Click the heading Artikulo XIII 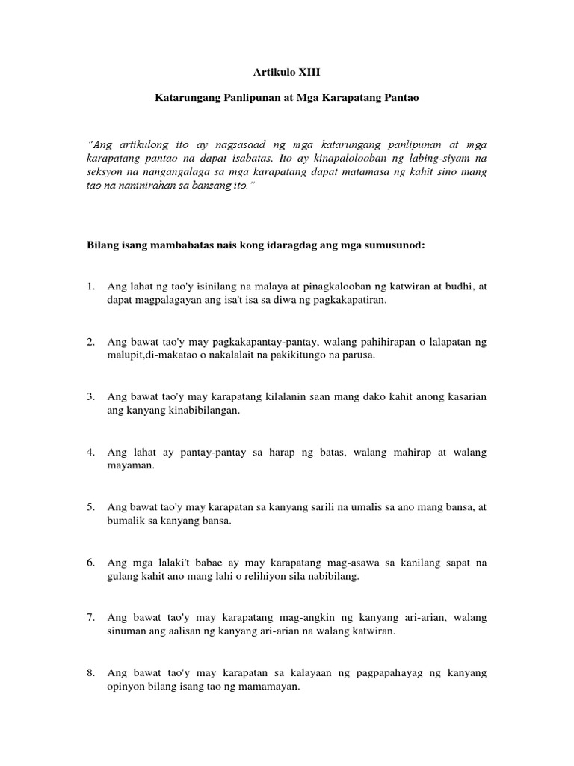click(x=287, y=74)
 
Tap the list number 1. click(x=90, y=287)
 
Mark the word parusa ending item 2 click(x=357, y=355)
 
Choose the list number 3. click(x=90, y=397)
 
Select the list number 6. click(x=90, y=563)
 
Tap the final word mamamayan click(x=268, y=687)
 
